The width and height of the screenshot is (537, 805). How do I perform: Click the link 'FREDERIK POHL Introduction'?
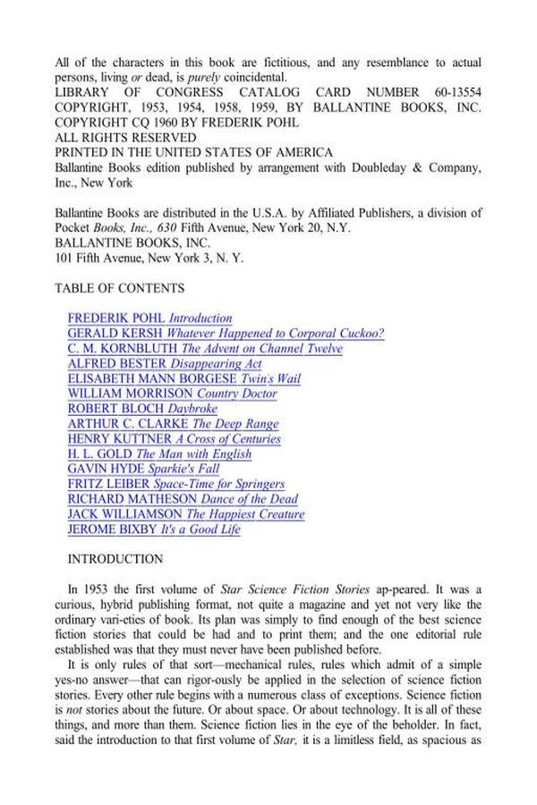(x=149, y=318)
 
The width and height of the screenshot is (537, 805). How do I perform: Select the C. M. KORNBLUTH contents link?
(x=205, y=349)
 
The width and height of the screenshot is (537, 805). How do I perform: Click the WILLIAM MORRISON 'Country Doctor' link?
(x=172, y=394)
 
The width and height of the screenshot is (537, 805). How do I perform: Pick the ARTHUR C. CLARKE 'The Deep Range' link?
(x=173, y=424)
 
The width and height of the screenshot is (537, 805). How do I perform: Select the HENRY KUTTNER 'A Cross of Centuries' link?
(x=175, y=439)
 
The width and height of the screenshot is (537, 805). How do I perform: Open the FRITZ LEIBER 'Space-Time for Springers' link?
(x=176, y=484)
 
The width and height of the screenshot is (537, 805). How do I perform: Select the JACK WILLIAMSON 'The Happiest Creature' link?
(x=186, y=514)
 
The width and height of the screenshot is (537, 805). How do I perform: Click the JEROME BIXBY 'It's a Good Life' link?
(x=154, y=530)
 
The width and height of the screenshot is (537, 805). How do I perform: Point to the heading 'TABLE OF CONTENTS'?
(x=120, y=288)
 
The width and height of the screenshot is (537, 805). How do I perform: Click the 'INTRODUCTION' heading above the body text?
(x=115, y=560)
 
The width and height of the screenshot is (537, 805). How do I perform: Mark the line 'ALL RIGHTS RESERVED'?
(x=125, y=138)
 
